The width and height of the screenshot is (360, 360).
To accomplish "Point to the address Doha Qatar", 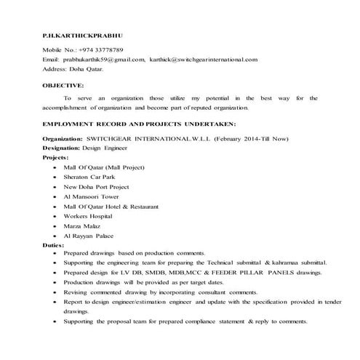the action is [87, 69].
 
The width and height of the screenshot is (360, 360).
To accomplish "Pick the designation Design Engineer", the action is [105, 146].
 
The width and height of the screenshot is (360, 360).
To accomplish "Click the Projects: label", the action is [56, 156].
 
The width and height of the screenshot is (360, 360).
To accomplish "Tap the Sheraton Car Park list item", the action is [91, 176].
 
